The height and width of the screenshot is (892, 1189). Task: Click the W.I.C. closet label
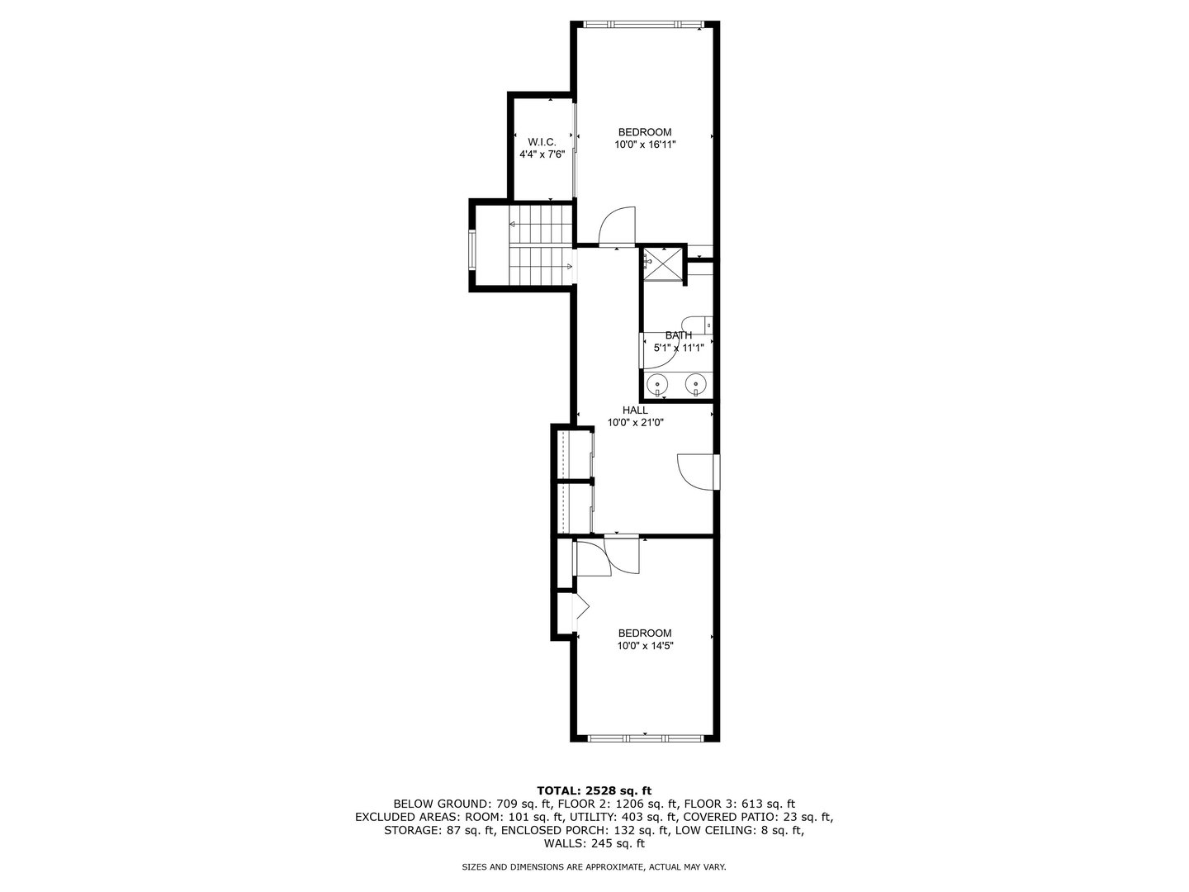(x=542, y=141)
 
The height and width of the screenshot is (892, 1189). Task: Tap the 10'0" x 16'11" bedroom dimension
(x=645, y=145)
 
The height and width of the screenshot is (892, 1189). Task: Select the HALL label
(x=635, y=410)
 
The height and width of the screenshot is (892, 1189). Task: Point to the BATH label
(x=679, y=335)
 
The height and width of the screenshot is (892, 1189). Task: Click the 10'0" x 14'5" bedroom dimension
(x=645, y=646)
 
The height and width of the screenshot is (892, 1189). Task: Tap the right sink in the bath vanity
(x=697, y=384)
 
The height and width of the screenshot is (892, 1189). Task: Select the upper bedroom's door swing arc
(x=617, y=225)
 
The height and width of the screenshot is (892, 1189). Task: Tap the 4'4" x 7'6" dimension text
(x=542, y=154)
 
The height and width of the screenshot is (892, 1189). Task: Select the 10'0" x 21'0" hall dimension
(x=635, y=422)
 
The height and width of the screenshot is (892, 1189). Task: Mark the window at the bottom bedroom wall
(x=643, y=737)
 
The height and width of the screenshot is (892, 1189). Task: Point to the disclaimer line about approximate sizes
(x=594, y=867)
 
